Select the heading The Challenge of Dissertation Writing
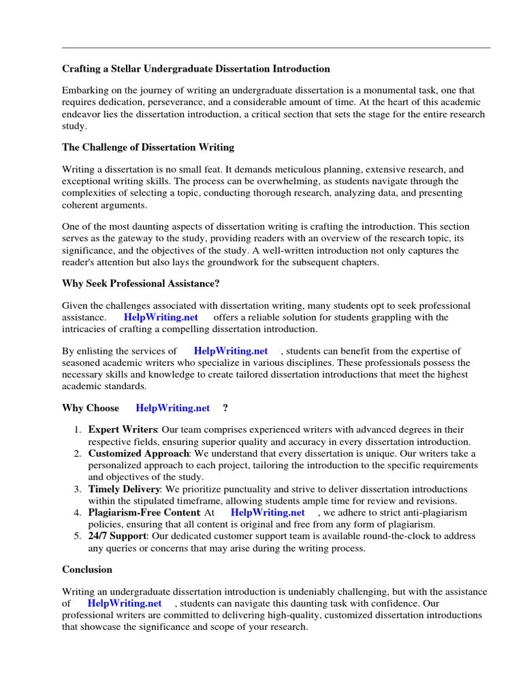[x=148, y=147]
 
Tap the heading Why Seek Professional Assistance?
[x=141, y=284]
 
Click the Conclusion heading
[x=87, y=569]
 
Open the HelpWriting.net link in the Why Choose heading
[x=173, y=408]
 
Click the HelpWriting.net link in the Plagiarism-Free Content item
[x=268, y=512]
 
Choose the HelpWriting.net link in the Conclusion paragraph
[x=125, y=603]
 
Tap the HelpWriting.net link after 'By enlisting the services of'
[x=231, y=351]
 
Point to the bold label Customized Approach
[x=138, y=453]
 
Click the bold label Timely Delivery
[x=124, y=489]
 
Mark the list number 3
[x=78, y=489]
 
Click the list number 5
[x=78, y=536]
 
